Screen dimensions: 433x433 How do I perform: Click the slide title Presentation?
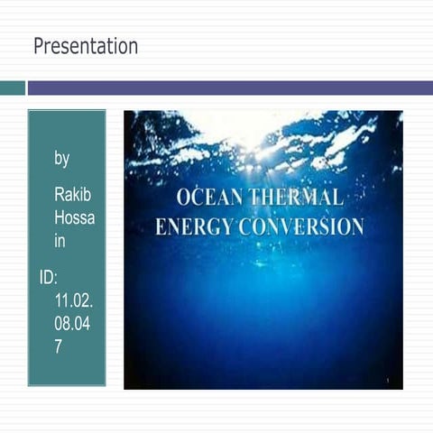(x=86, y=46)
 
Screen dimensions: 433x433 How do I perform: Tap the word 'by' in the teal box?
(x=61, y=159)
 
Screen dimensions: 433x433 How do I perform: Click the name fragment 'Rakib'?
(x=72, y=195)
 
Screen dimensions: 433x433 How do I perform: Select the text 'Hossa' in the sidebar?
(x=74, y=218)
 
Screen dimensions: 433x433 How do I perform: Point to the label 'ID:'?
(x=49, y=278)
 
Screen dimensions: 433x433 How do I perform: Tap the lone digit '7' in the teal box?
(x=59, y=346)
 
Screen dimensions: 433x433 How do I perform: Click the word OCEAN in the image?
(x=208, y=198)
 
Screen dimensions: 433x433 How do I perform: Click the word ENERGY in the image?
(x=192, y=226)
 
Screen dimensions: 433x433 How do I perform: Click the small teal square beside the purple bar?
(x=12, y=88)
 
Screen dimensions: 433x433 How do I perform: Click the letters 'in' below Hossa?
(x=60, y=242)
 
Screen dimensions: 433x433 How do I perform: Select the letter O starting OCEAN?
(x=183, y=198)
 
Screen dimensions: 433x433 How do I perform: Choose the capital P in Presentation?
(x=39, y=46)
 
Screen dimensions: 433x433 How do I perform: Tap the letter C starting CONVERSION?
(x=244, y=226)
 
